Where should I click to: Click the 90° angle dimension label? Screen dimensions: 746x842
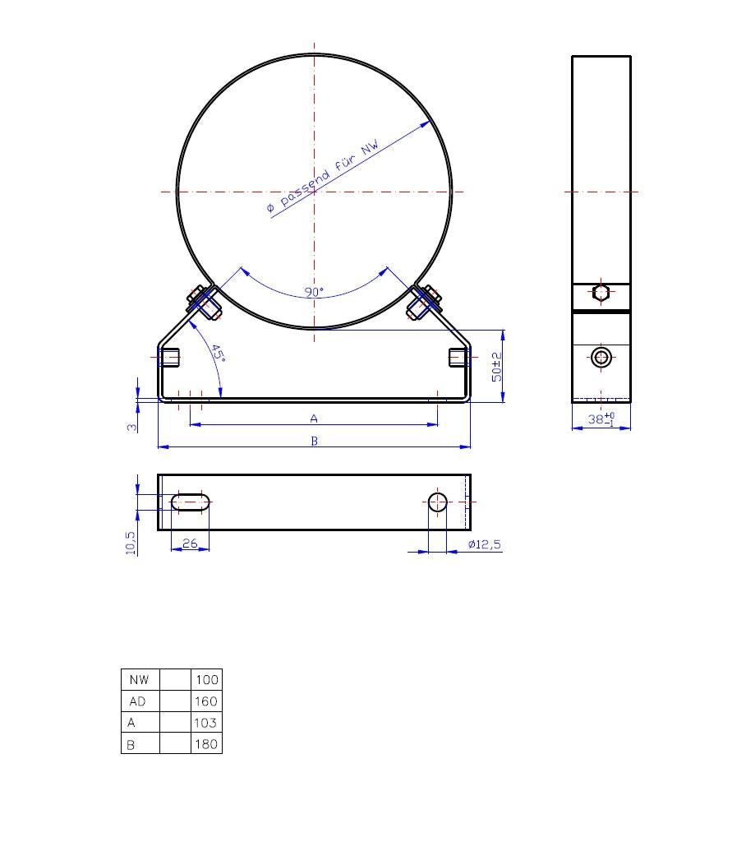coord(314,292)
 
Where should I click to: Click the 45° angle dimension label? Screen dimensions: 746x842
coord(218,353)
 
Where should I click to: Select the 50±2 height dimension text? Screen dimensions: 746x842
coord(497,367)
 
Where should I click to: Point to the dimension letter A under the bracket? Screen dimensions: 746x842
coord(314,419)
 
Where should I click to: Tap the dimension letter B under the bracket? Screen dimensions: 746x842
coord(315,441)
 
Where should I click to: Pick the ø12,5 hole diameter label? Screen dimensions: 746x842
coord(484,544)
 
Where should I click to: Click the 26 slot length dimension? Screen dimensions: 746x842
coord(190,544)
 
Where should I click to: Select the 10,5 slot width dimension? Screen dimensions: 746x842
coord(131,543)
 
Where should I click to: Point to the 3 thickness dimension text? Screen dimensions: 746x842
coord(131,428)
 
